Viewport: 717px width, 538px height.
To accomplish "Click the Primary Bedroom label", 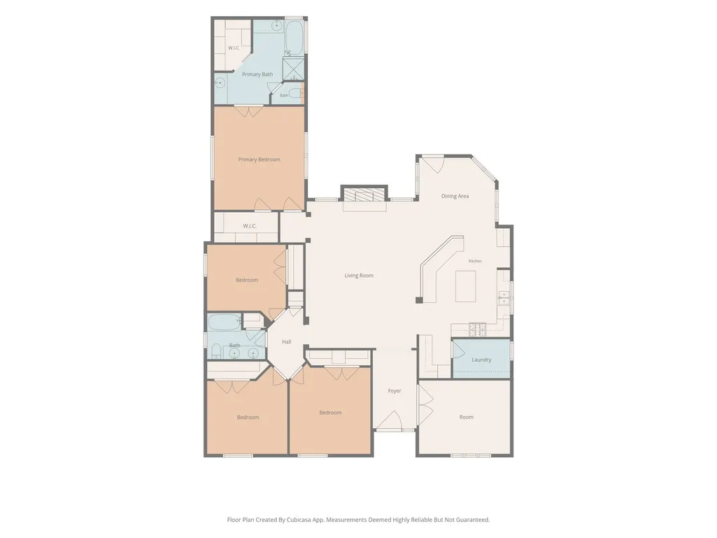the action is (x=259, y=160).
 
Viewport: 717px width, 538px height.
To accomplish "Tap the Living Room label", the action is (x=359, y=276).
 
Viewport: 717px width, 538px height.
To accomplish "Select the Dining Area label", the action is (x=455, y=197).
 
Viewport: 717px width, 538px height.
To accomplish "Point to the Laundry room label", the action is (x=481, y=360).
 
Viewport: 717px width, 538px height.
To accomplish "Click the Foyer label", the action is (x=395, y=391).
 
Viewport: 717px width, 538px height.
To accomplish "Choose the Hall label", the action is (x=287, y=341).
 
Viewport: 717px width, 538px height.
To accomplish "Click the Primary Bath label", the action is (x=257, y=74).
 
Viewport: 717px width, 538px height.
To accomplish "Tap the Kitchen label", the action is (x=475, y=261).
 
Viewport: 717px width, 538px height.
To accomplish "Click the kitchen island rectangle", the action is (x=465, y=286).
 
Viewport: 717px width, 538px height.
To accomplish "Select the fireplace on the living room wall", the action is (x=364, y=194).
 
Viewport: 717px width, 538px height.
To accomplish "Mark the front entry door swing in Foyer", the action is (x=390, y=420).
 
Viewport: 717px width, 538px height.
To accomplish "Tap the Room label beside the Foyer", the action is (x=467, y=417).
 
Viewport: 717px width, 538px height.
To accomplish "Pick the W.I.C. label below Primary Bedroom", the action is (x=250, y=226).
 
